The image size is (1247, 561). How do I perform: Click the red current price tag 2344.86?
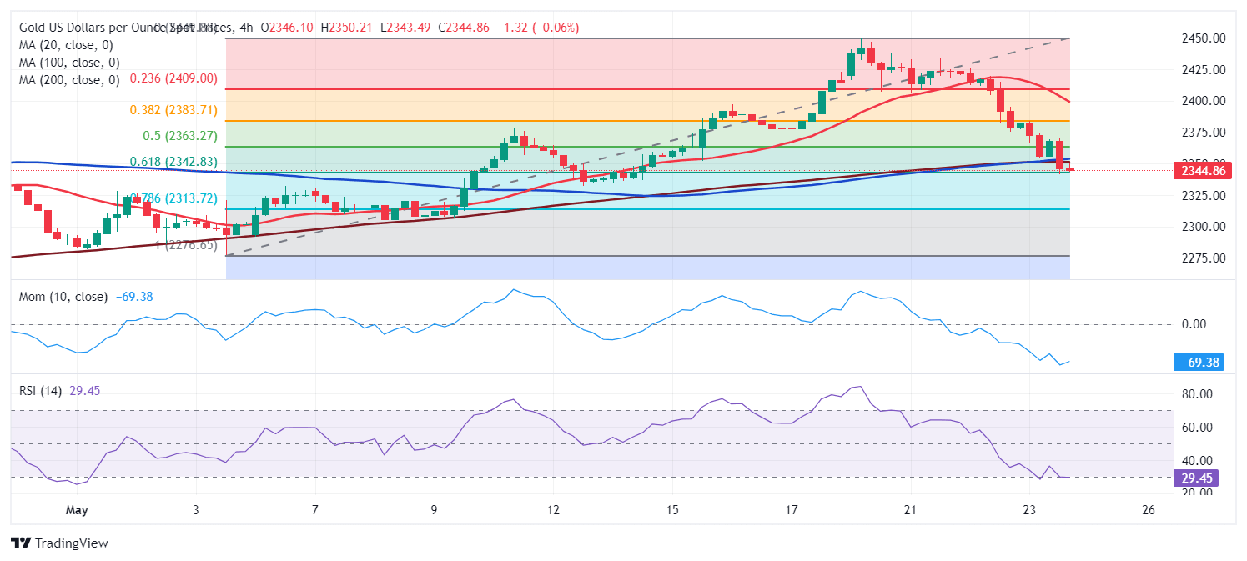click(x=1201, y=171)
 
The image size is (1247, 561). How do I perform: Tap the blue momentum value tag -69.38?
click(x=1198, y=362)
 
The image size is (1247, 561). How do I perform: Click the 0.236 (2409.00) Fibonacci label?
click(x=173, y=78)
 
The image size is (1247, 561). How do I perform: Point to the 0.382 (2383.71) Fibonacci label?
click(x=173, y=110)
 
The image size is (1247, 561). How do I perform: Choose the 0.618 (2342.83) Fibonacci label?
click(x=173, y=162)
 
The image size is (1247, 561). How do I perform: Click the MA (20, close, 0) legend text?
click(x=66, y=45)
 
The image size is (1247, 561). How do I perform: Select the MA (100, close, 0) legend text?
click(x=69, y=63)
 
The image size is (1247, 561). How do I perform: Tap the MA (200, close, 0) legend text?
click(x=69, y=80)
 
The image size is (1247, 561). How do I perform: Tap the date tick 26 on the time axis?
click(x=1148, y=509)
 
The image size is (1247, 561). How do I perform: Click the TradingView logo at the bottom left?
click(x=59, y=543)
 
